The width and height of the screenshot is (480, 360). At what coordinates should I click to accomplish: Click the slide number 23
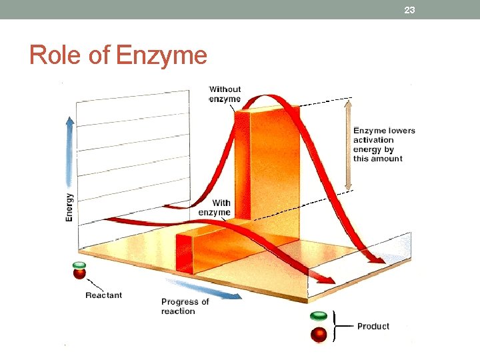click(409, 9)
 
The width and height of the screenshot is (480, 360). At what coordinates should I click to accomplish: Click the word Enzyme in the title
click(161, 55)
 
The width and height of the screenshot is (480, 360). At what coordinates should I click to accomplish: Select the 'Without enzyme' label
click(225, 94)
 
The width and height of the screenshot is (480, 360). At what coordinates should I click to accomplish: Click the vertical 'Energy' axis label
click(69, 207)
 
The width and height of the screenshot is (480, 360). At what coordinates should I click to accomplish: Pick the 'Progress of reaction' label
click(185, 306)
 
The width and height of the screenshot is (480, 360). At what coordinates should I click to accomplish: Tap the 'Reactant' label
click(103, 295)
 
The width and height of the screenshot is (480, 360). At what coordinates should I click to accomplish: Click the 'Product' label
click(373, 326)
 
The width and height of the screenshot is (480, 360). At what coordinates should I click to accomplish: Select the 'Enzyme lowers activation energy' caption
click(384, 144)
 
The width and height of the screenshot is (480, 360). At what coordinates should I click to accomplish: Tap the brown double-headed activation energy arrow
click(347, 145)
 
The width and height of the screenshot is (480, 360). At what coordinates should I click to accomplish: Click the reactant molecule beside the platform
click(79, 271)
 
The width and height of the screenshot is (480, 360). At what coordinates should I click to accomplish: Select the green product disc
click(319, 315)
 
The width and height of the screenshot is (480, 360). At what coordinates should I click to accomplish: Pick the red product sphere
click(319, 333)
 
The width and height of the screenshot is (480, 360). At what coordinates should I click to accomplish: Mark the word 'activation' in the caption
click(373, 140)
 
